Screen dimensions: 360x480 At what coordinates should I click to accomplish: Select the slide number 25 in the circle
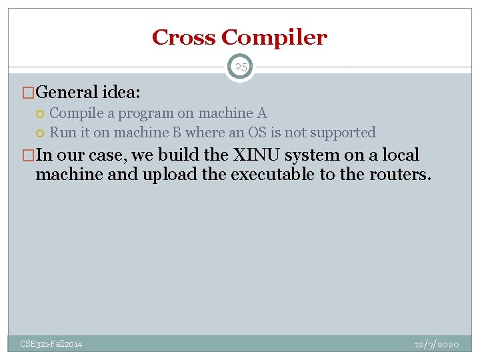click(240, 67)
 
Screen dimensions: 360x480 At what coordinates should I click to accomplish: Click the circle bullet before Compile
click(41, 114)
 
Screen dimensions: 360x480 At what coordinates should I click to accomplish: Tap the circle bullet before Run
click(41, 133)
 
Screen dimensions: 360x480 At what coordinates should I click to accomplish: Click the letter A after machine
click(262, 113)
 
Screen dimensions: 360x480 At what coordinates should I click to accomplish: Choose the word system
click(319, 156)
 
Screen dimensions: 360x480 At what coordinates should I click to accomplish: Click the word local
click(399, 155)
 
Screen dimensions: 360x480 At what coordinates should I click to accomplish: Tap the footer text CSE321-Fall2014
click(51, 344)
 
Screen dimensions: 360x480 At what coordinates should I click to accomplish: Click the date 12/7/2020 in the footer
click(437, 344)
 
